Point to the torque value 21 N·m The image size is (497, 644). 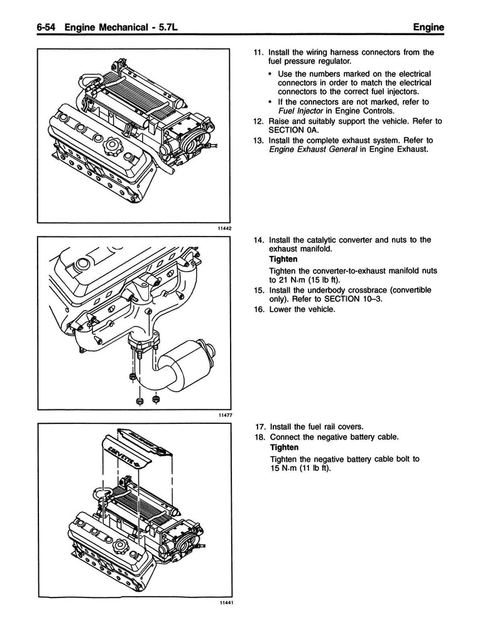pos(285,280)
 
